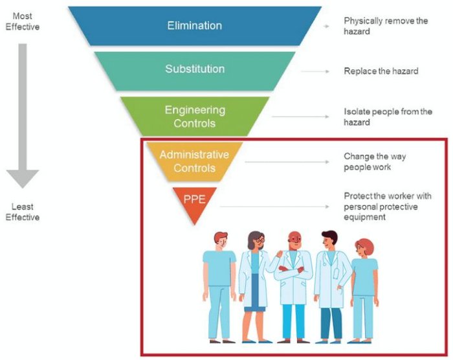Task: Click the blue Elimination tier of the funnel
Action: [194, 27]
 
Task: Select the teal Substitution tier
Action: [194, 70]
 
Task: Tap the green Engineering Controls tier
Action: [194, 116]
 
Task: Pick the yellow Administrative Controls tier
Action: [194, 161]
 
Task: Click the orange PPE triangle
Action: [194, 201]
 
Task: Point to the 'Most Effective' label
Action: [22, 21]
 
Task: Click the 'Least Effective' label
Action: [22, 212]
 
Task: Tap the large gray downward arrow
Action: [22, 110]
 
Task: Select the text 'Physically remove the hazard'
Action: [386, 26]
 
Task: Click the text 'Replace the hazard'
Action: [381, 71]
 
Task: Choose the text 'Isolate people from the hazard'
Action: [388, 117]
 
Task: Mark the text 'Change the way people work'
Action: [375, 162]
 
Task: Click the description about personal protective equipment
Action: [381, 207]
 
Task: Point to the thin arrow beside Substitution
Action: [316, 71]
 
